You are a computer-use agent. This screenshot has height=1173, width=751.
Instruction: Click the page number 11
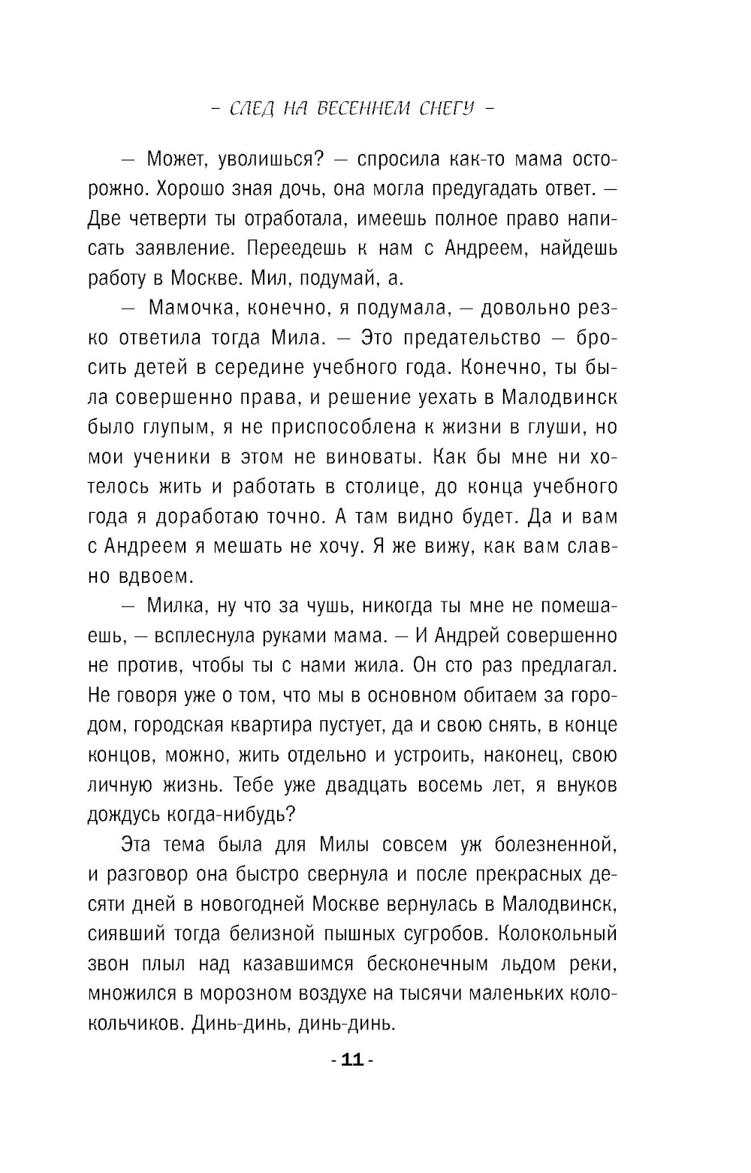point(352,1060)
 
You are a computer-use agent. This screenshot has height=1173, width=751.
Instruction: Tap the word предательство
point(472,338)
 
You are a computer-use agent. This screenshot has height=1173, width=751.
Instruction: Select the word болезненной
point(555,845)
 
